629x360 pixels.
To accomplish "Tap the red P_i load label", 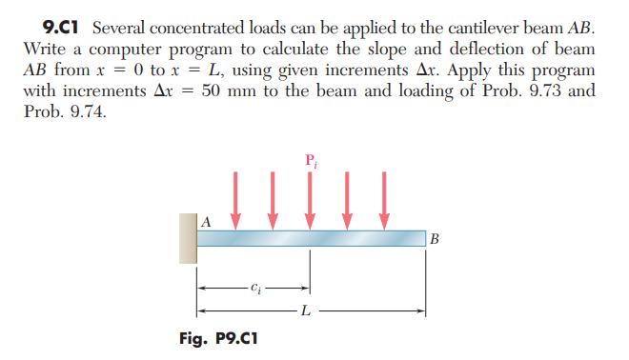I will pyautogui.click(x=311, y=159).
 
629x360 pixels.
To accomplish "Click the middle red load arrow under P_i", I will pyautogui.click(x=311, y=200).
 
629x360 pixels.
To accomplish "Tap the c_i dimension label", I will pyautogui.click(x=254, y=286).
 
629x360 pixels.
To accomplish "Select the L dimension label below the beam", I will pyautogui.click(x=303, y=310).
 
